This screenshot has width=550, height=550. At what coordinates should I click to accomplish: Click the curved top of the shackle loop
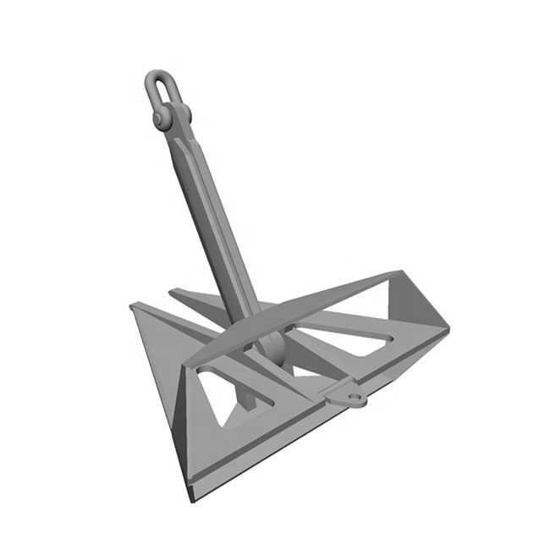pos(157,74)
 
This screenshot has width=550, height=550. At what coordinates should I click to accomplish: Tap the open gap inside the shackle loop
pos(159,91)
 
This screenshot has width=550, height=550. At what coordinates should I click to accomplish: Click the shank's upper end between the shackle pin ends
pos(174,127)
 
